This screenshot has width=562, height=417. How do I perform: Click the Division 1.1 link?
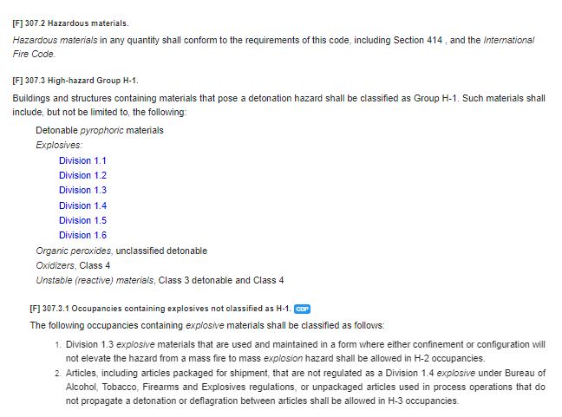point(82,160)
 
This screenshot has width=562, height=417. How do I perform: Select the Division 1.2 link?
point(82,175)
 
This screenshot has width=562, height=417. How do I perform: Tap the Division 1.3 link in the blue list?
point(82,190)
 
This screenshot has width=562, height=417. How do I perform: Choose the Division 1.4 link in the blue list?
point(82,205)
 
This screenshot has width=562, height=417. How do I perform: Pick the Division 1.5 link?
point(82,220)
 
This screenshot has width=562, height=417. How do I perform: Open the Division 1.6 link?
point(82,235)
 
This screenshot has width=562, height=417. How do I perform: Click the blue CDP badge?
point(302,309)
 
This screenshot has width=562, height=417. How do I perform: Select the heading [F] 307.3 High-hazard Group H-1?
point(75,81)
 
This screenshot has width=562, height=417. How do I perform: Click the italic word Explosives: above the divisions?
point(59,145)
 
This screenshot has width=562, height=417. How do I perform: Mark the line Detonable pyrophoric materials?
point(100,130)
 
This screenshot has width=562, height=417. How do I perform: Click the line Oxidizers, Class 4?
point(73,265)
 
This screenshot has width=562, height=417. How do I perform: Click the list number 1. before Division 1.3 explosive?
point(56,344)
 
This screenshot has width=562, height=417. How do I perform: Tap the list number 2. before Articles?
point(56,373)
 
